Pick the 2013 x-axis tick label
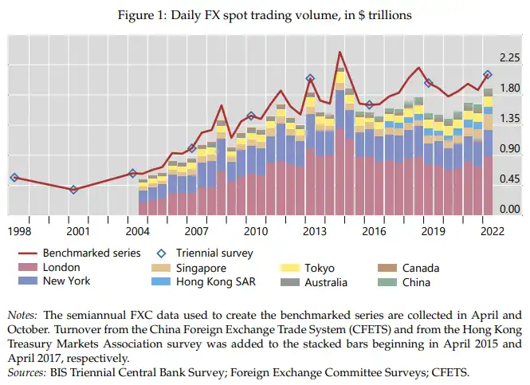(314, 231)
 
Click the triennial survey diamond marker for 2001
(73, 190)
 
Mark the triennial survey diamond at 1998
(14, 178)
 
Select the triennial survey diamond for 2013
(311, 79)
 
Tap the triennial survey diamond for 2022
(488, 75)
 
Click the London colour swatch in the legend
(28, 268)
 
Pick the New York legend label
(67, 281)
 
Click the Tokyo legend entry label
(319, 268)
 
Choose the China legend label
(417, 281)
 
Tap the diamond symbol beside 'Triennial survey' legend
(160, 253)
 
